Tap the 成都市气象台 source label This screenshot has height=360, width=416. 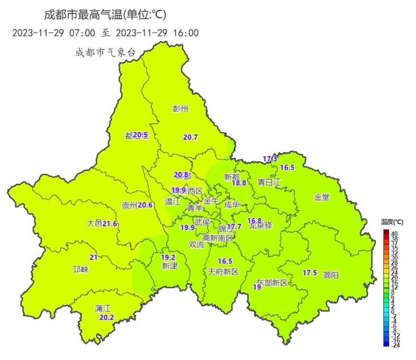(105, 52)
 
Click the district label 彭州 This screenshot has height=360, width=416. (180, 109)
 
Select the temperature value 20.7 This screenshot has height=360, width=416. (190, 137)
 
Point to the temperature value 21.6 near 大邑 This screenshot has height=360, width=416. (110, 224)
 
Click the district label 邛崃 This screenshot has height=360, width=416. (81, 270)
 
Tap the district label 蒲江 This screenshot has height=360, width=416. (103, 309)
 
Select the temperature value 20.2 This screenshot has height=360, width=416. (107, 317)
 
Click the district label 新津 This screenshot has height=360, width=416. (169, 266)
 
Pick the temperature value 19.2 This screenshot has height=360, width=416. (167, 257)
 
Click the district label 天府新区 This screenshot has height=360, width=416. (223, 272)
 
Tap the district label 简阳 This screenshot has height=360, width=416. (331, 275)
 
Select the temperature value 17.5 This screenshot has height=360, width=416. (309, 273)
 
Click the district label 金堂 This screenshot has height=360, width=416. (322, 197)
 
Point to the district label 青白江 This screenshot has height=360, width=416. (269, 182)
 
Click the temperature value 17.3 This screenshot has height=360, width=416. (270, 159)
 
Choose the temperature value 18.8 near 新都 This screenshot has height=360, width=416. (239, 183)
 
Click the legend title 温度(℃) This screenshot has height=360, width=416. (392, 222)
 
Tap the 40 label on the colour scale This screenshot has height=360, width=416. (394, 233)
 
